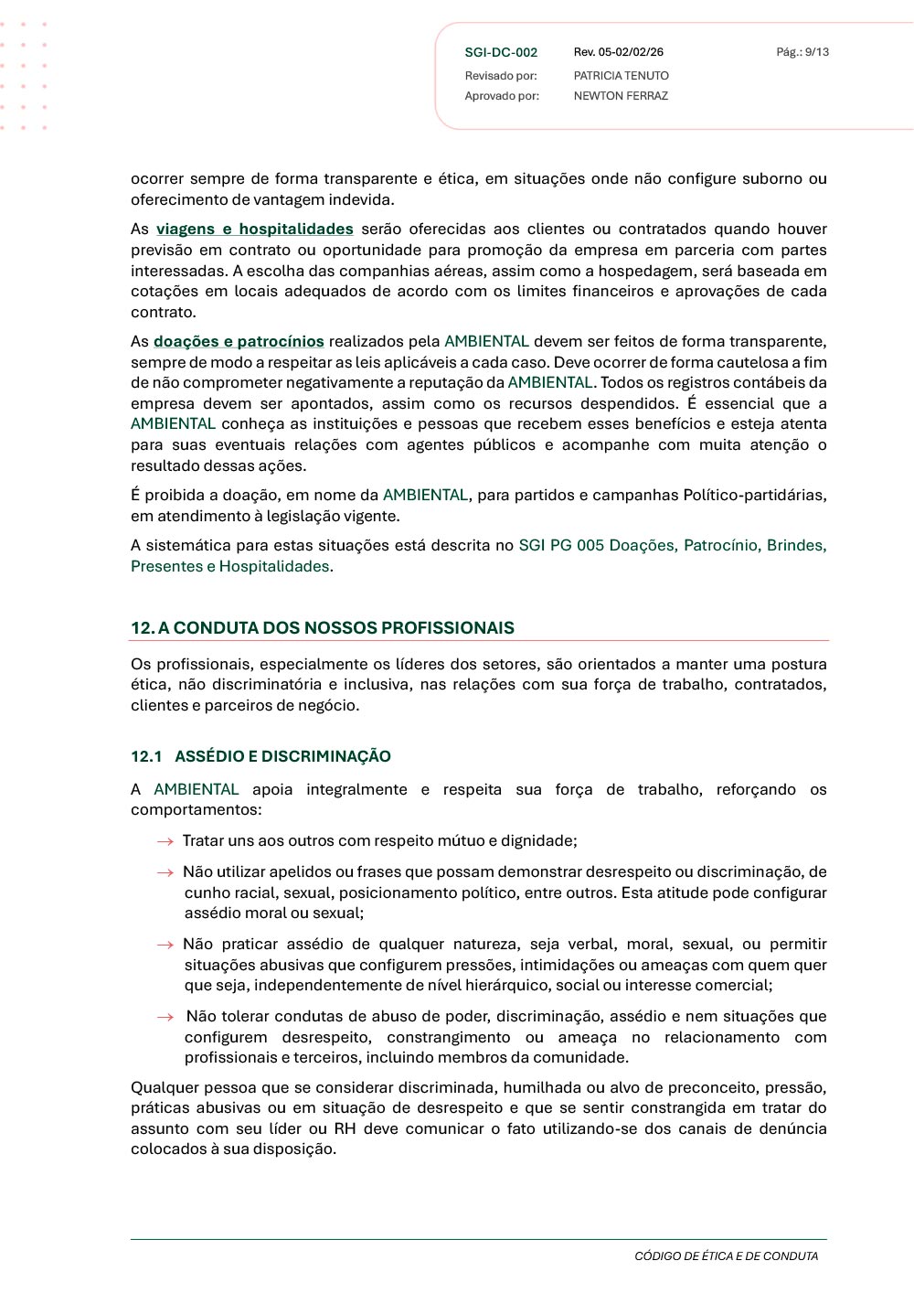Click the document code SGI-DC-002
pyautogui.click(x=501, y=53)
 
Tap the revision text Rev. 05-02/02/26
pyautogui.click(x=619, y=52)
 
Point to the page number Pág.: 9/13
pyautogui.click(x=802, y=52)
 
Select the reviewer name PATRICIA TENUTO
pyautogui.click(x=622, y=76)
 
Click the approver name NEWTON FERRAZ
pyautogui.click(x=621, y=96)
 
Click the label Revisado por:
pyautogui.click(x=501, y=76)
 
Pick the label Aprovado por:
pyautogui.click(x=502, y=96)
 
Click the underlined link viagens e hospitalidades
pyautogui.click(x=255, y=230)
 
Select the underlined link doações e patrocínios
pyautogui.click(x=239, y=342)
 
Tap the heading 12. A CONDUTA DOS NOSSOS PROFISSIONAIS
pyautogui.click(x=323, y=628)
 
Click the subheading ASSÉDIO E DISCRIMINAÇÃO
pyautogui.click(x=282, y=757)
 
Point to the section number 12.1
pyautogui.click(x=146, y=757)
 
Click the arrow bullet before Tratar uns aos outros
pyautogui.click(x=165, y=841)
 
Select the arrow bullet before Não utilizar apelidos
pyautogui.click(x=165, y=872)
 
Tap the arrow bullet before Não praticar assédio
pyautogui.click(x=165, y=945)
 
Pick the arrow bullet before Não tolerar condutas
pyautogui.click(x=165, y=1017)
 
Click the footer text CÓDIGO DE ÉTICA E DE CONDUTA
pyautogui.click(x=727, y=1256)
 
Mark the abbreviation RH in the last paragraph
pyautogui.click(x=345, y=1129)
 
